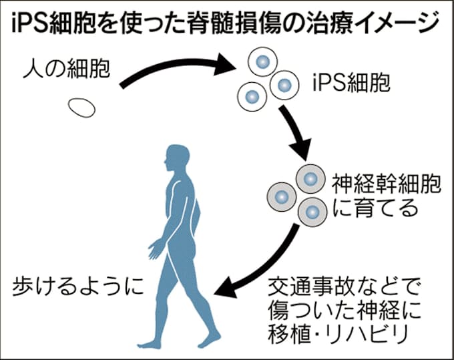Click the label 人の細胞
(66, 68)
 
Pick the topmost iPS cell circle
(262, 61)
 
